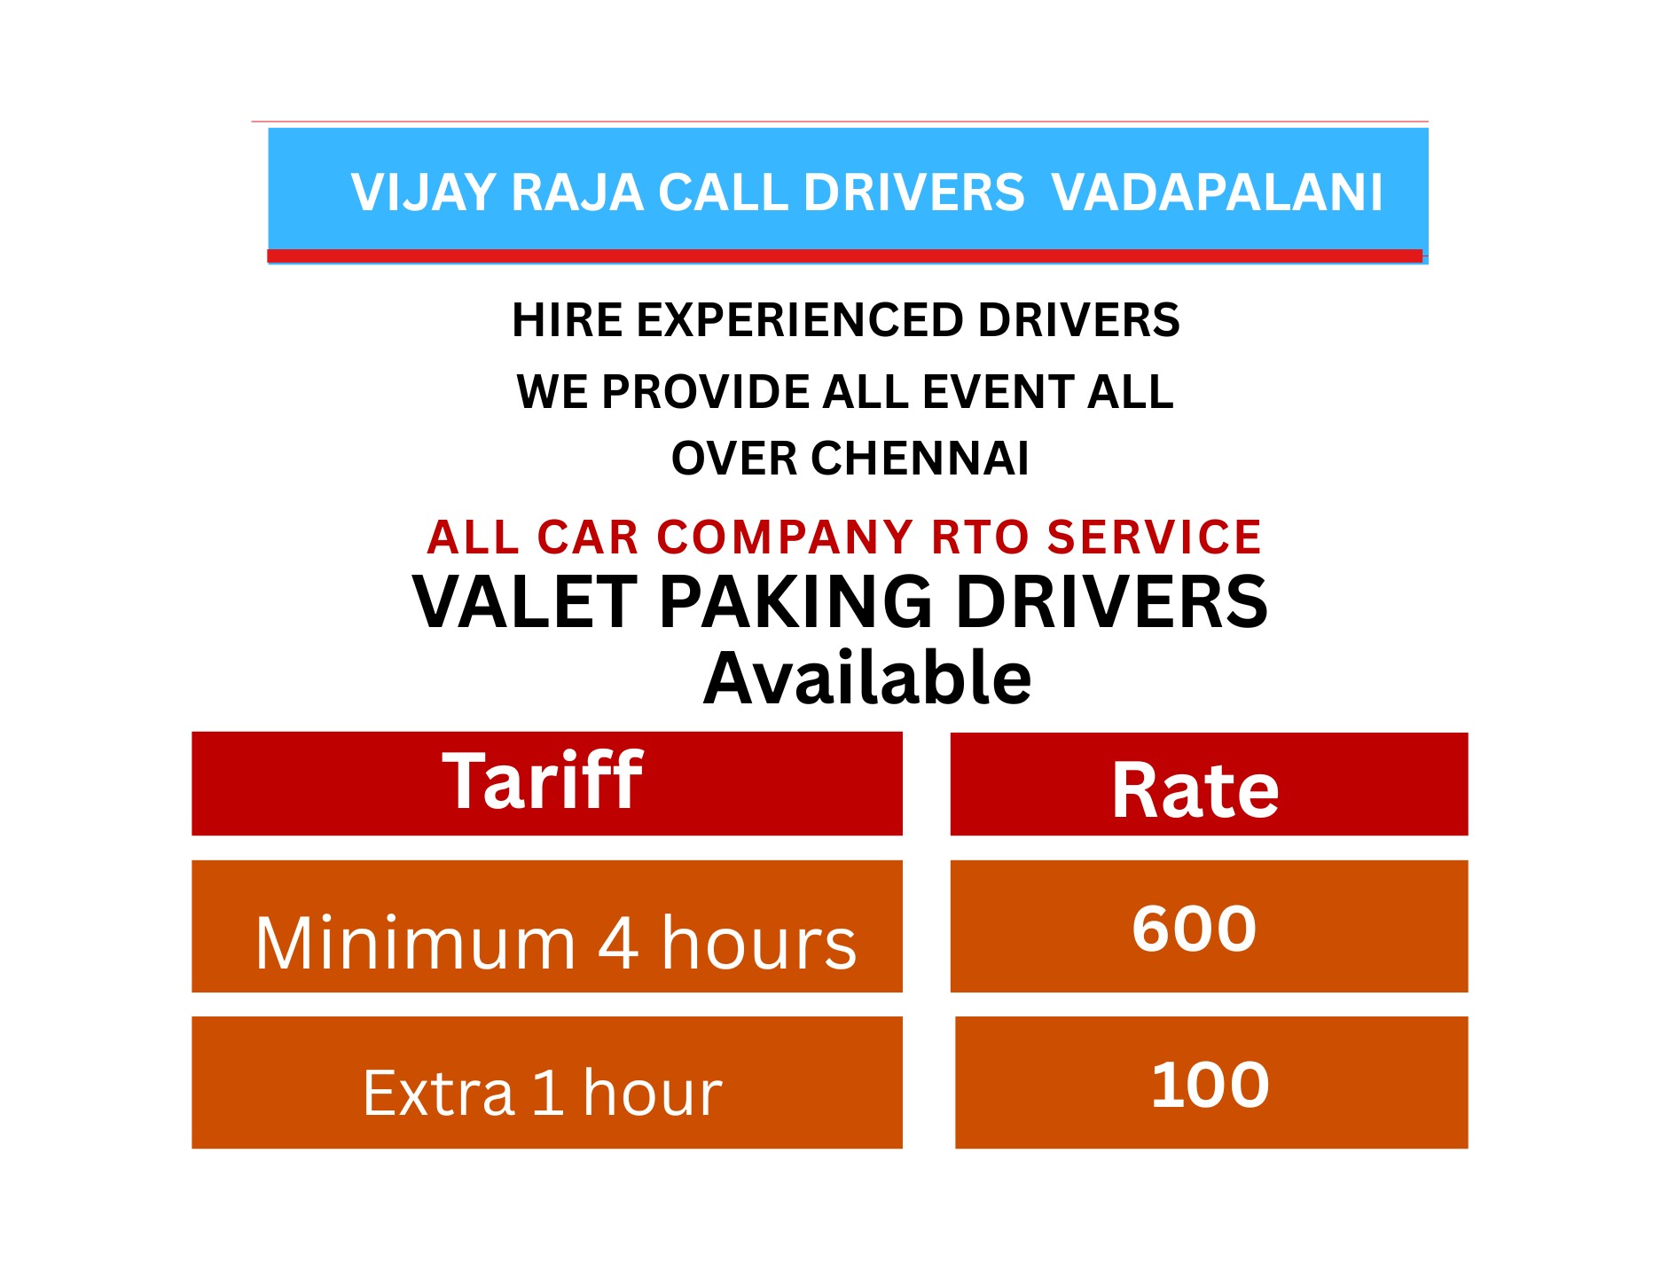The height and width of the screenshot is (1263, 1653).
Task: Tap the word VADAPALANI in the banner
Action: tap(1217, 192)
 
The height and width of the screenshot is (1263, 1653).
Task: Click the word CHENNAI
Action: tap(920, 459)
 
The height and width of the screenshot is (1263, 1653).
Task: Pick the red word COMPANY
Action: tap(785, 537)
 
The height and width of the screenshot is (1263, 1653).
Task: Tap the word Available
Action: tap(867, 679)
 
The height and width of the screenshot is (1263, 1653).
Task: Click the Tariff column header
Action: tap(543, 781)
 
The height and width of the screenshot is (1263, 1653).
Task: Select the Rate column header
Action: tap(1195, 790)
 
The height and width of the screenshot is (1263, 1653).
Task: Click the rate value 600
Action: tap(1194, 929)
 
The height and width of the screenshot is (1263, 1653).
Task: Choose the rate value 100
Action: tap(1210, 1085)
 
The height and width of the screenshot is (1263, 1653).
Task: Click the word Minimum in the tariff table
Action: tap(416, 944)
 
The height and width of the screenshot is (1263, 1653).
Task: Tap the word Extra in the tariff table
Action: tap(439, 1093)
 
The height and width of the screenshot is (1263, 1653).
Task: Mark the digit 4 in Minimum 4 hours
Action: tap(618, 944)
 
